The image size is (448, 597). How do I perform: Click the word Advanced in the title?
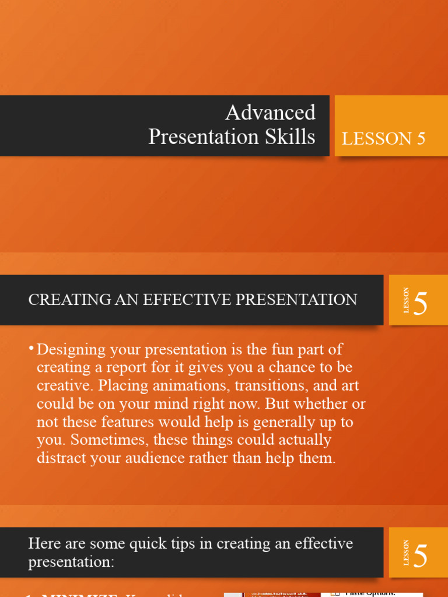(x=270, y=112)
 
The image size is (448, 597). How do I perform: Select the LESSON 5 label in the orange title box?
(x=383, y=139)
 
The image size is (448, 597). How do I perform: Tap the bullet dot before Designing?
(x=31, y=349)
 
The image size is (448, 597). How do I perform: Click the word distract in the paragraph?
(x=61, y=458)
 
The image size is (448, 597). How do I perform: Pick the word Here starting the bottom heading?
(x=43, y=543)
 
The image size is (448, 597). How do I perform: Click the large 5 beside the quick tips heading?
(x=421, y=556)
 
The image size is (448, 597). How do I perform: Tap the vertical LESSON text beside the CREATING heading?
(x=406, y=300)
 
